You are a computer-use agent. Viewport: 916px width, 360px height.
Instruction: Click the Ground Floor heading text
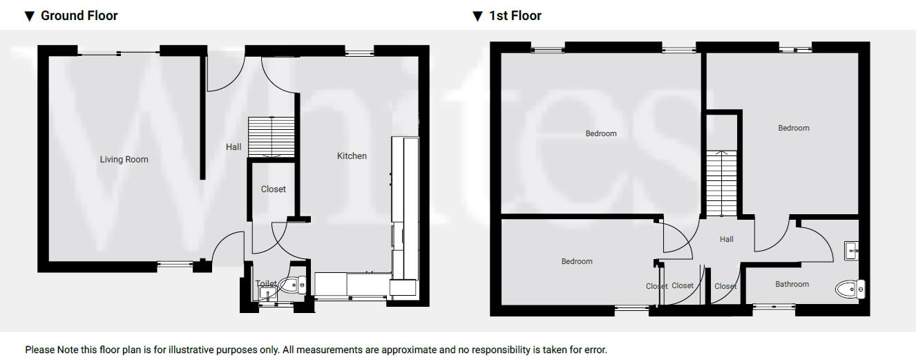[79, 15]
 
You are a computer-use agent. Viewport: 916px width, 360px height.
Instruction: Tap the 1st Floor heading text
[515, 15]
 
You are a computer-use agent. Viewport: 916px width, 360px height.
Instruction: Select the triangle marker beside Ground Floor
[29, 16]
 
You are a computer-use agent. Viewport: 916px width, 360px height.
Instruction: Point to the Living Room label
[124, 160]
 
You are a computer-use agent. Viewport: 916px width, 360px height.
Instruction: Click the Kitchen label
[352, 156]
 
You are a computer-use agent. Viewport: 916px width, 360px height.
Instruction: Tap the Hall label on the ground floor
[233, 147]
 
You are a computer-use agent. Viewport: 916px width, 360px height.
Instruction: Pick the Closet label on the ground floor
[273, 189]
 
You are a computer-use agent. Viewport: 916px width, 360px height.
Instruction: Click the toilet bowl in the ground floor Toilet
[297, 284]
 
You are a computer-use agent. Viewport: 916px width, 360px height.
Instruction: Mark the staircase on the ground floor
[271, 137]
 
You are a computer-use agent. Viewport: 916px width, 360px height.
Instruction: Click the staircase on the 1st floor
[722, 183]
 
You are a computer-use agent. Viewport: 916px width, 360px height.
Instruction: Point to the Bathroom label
[792, 284]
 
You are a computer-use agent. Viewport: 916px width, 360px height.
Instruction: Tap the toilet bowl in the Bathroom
[848, 288]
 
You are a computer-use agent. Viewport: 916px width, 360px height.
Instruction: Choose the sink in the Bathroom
[851, 250]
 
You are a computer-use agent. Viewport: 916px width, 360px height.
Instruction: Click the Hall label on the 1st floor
[726, 239]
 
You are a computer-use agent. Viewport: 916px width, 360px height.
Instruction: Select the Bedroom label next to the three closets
[577, 261]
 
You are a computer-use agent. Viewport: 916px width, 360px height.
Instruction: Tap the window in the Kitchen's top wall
[359, 51]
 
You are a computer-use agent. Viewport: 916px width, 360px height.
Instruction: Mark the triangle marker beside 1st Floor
[477, 16]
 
